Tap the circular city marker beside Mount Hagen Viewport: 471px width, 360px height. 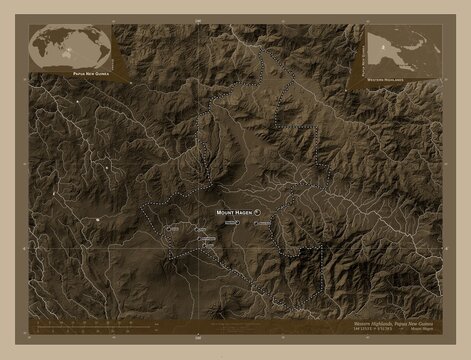pyautogui.click(x=256, y=213)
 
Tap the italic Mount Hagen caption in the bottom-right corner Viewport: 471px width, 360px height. pyautogui.click(x=420, y=337)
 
